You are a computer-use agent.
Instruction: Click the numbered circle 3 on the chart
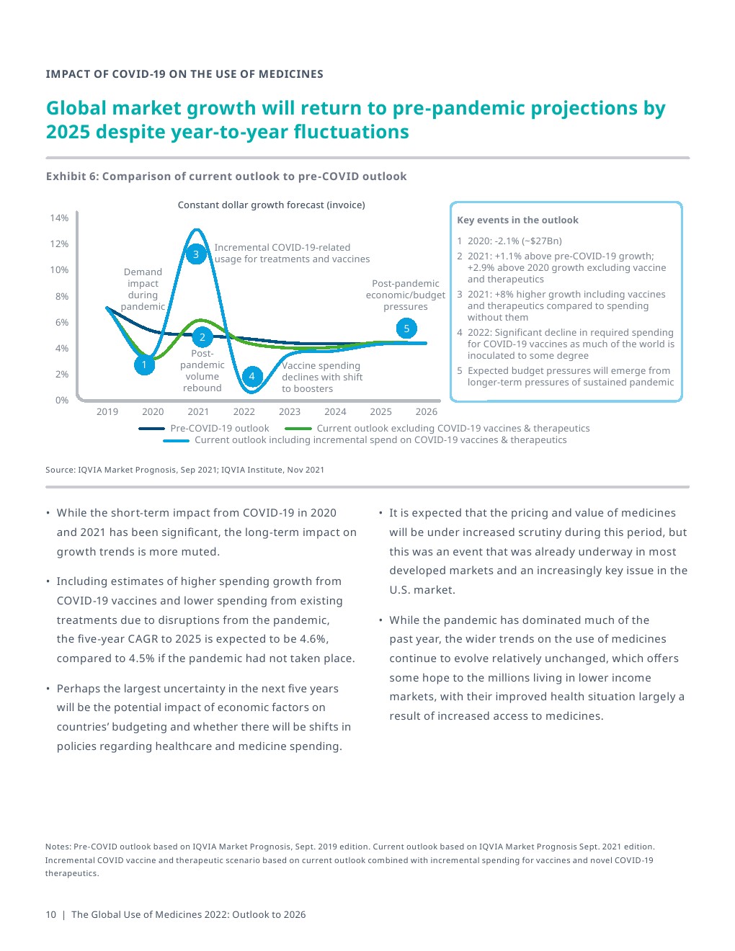click(195, 254)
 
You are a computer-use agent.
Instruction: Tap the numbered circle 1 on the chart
click(144, 365)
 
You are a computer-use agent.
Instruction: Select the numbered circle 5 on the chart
click(406, 329)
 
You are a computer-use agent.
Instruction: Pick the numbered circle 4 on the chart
click(251, 375)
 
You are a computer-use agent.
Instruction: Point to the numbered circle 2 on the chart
click(202, 337)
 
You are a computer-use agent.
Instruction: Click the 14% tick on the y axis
click(59, 218)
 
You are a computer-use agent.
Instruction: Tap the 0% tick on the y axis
click(62, 401)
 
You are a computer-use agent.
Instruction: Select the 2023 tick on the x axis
click(290, 412)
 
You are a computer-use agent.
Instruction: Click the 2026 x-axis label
click(427, 412)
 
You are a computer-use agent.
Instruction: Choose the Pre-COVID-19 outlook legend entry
click(219, 429)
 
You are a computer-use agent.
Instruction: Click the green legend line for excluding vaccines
click(298, 429)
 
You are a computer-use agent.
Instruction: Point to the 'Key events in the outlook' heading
click(517, 220)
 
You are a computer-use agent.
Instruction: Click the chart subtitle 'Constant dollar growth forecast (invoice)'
click(271, 205)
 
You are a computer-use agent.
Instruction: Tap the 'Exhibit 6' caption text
click(226, 177)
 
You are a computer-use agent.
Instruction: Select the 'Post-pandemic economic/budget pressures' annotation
click(406, 295)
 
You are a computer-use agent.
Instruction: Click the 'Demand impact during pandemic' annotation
click(143, 290)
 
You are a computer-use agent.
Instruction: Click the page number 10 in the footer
click(50, 915)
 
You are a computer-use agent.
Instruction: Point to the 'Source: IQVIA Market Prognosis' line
click(184, 470)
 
